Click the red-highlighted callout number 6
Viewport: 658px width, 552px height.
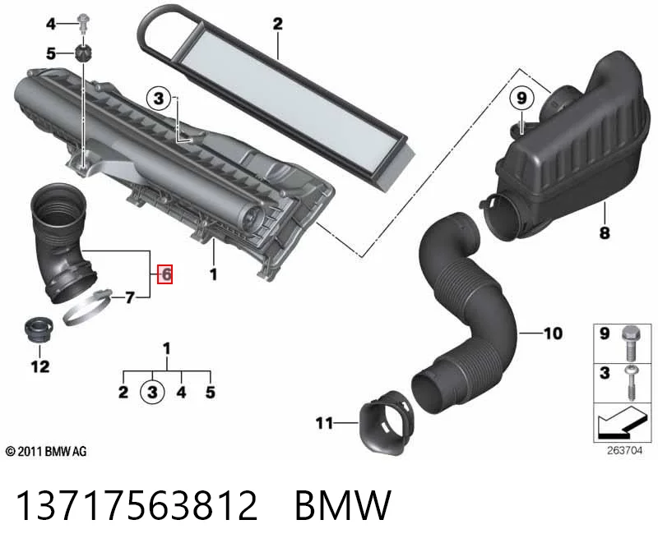click(165, 274)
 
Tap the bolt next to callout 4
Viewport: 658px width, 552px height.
click(84, 23)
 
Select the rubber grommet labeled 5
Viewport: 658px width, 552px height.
click(83, 53)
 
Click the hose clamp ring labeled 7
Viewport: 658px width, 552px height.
click(87, 309)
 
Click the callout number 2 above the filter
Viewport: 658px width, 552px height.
click(277, 24)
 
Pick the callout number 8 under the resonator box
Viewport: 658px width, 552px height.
click(605, 232)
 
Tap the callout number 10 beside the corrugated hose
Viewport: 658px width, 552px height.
click(553, 333)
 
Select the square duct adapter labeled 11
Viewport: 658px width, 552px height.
click(387, 422)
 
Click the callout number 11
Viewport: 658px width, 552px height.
click(324, 423)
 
